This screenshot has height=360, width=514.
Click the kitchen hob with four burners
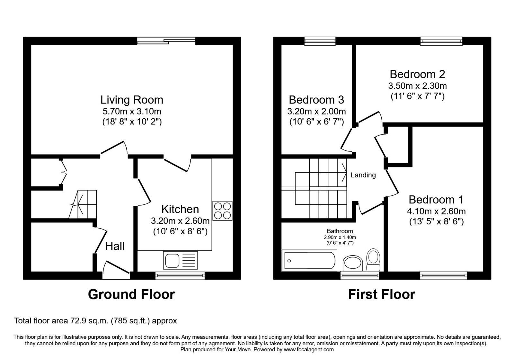click(222, 211)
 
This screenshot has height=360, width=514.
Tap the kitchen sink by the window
click(180, 260)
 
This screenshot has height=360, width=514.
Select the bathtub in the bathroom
click(309, 261)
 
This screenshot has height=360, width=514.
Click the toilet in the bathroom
click(373, 260)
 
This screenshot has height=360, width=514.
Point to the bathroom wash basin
click(353, 264)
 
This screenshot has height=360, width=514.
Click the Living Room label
click(132, 100)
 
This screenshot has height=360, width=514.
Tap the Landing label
click(363, 175)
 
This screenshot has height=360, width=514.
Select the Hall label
click(115, 246)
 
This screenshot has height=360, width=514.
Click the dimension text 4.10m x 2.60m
click(436, 211)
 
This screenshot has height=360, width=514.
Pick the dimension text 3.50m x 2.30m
click(417, 86)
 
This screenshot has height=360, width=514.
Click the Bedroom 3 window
click(320, 40)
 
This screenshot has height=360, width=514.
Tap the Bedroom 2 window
click(441, 40)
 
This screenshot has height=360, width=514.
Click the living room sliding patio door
click(166, 41)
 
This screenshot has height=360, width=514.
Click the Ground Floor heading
click(131, 294)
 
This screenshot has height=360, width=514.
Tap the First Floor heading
click(381, 294)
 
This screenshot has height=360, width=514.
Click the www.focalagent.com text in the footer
click(309, 349)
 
